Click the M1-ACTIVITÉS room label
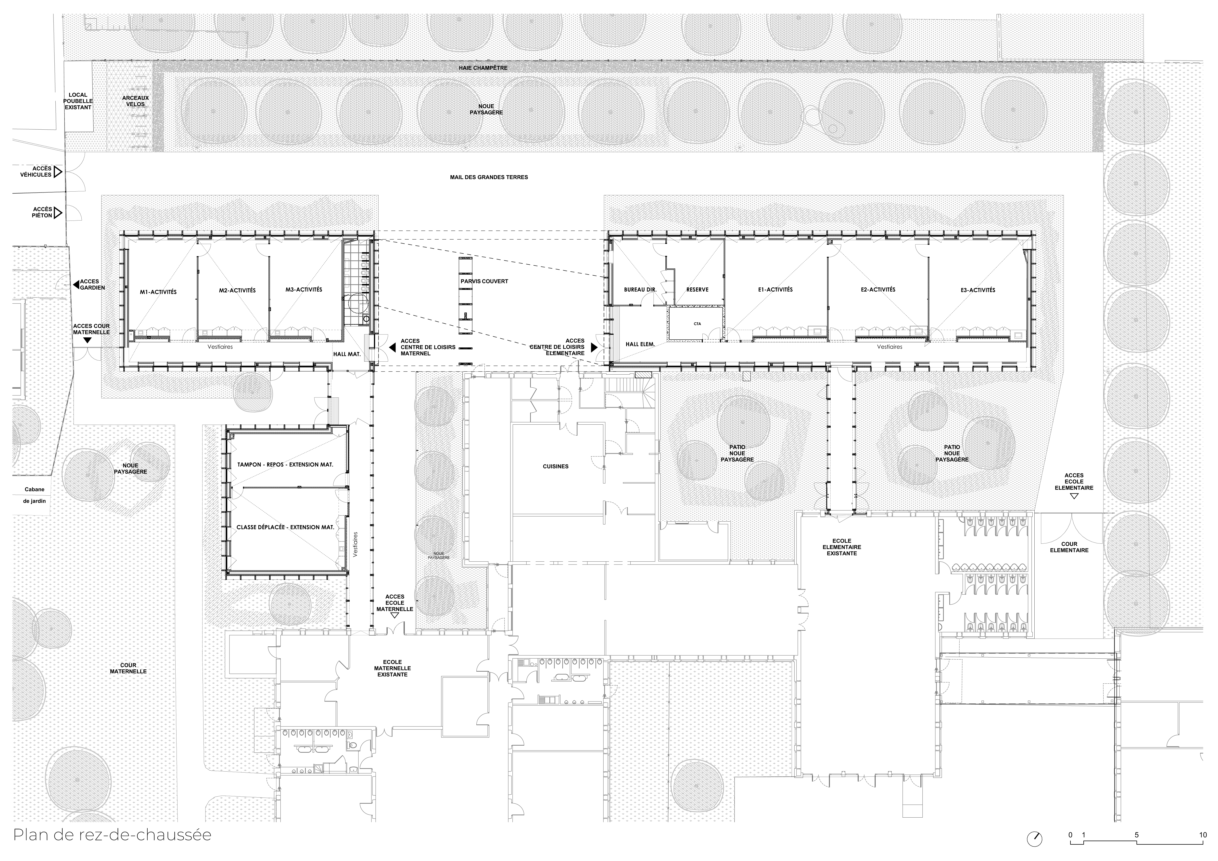158,292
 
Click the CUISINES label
555,467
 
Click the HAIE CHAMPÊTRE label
483,68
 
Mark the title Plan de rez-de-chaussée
113,835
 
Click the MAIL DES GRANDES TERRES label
489,177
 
